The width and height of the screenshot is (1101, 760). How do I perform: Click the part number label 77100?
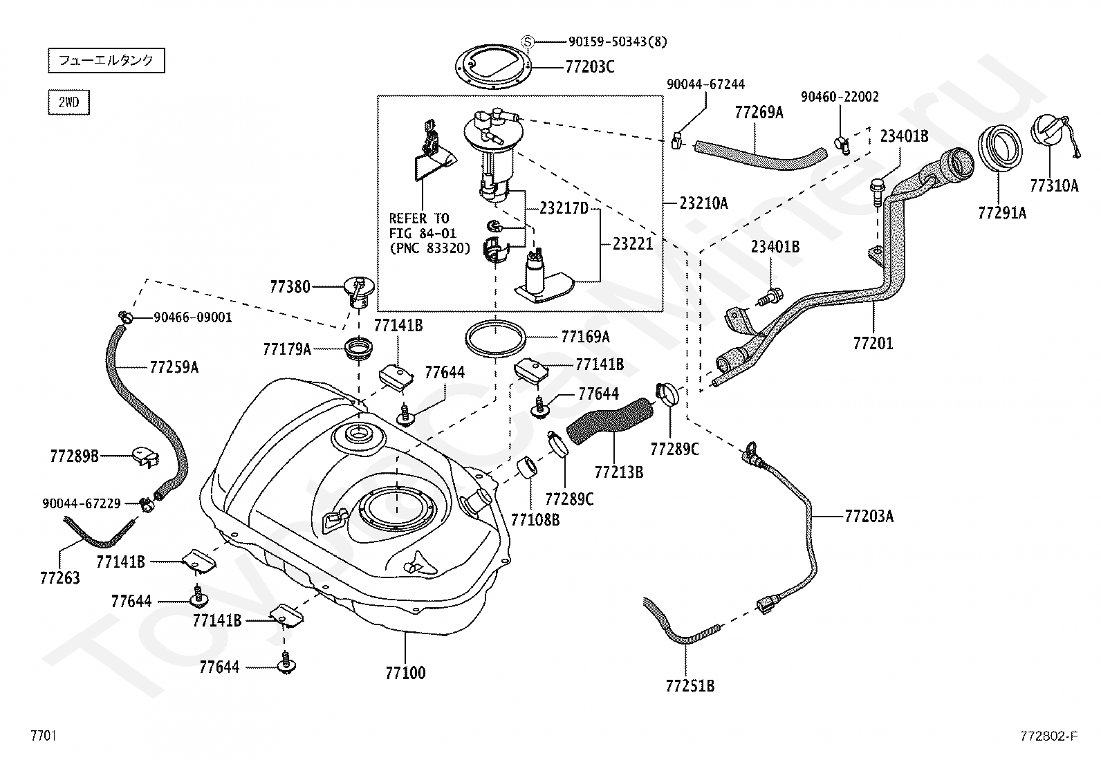(x=405, y=673)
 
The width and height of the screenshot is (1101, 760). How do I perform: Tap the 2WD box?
(x=69, y=102)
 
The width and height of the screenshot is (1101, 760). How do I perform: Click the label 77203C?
(x=590, y=67)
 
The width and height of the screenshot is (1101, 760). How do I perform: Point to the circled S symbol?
(x=528, y=41)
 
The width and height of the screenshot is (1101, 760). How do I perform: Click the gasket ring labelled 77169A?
(x=495, y=337)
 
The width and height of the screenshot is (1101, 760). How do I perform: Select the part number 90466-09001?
(x=193, y=317)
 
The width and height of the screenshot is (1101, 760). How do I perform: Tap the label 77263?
(x=60, y=578)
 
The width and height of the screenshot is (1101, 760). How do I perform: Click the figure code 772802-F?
(x=1049, y=736)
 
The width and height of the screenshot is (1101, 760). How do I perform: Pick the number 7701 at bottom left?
(x=44, y=736)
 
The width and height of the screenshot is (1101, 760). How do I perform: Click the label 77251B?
(x=690, y=686)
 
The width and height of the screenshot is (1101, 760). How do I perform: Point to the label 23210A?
(x=703, y=203)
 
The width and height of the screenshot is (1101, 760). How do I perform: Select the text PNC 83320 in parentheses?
(x=430, y=249)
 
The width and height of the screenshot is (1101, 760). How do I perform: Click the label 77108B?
(x=535, y=519)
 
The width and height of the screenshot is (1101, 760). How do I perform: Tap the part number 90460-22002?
(x=840, y=97)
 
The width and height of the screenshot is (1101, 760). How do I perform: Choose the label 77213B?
(x=619, y=472)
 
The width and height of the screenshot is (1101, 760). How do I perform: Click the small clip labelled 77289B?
(x=145, y=457)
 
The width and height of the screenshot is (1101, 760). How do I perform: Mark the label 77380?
(x=290, y=286)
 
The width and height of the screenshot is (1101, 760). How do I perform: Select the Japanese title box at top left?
(x=107, y=60)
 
